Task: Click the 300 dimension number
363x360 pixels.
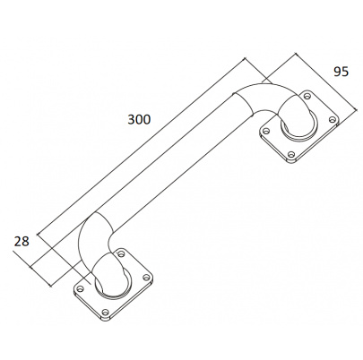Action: coord(139,119)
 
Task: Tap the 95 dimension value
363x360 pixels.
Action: coord(341,72)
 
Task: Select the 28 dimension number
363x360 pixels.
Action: coord(22,241)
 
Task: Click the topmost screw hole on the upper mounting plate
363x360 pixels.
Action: coord(307,96)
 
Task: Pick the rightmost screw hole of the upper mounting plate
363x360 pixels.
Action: coord(333,119)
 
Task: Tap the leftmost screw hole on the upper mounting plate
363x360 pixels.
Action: coord(265,131)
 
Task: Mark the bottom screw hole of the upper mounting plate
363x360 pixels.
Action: coord(291,154)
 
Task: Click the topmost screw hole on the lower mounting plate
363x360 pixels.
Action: coord(121,254)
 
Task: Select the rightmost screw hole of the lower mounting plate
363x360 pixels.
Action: coord(146,278)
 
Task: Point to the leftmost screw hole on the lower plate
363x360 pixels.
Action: coord(80,288)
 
